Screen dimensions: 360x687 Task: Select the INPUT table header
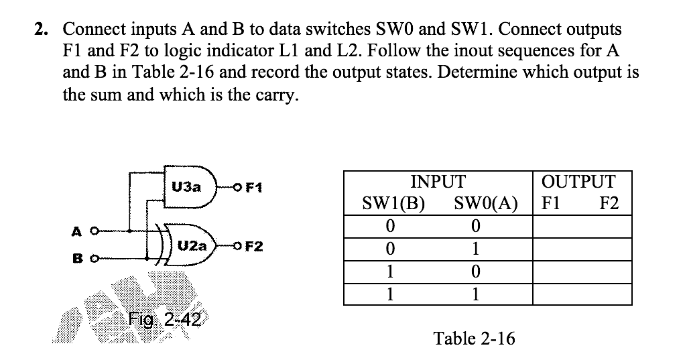coord(438,182)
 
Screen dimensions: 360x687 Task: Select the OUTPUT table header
coord(578,182)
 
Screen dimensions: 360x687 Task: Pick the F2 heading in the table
coord(609,203)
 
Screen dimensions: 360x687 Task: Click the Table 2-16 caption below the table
coord(474,339)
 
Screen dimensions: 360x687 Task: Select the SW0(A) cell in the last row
coord(475,294)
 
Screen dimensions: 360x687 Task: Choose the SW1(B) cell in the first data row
coord(390,226)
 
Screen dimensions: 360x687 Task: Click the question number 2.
coord(42,30)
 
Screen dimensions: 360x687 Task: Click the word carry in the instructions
coord(273,95)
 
